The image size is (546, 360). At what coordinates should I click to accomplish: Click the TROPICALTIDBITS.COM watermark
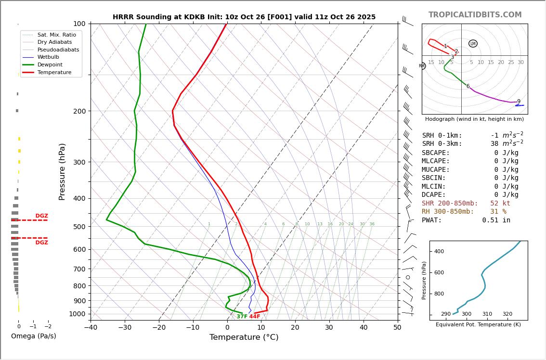(475, 15)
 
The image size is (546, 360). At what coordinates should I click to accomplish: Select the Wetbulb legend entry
(51, 57)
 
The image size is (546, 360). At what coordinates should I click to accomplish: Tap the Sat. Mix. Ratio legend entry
(56, 35)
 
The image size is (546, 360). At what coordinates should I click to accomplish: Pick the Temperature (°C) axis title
(244, 337)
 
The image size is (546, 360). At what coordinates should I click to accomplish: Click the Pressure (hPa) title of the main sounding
(63, 171)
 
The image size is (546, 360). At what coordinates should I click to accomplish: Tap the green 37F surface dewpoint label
(242, 317)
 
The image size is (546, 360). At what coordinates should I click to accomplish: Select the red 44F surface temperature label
(255, 317)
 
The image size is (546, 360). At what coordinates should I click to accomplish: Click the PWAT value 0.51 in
(496, 220)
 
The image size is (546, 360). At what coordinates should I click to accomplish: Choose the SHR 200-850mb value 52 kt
(500, 204)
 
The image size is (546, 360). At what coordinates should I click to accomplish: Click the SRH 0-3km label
(442, 144)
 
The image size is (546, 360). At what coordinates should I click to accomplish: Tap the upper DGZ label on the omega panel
(41, 216)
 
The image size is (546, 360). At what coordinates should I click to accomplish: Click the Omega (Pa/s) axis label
(34, 336)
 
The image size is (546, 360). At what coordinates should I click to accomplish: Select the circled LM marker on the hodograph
(473, 44)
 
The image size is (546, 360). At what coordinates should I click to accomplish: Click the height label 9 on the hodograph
(519, 102)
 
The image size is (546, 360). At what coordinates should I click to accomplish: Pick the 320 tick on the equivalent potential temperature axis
(507, 314)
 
